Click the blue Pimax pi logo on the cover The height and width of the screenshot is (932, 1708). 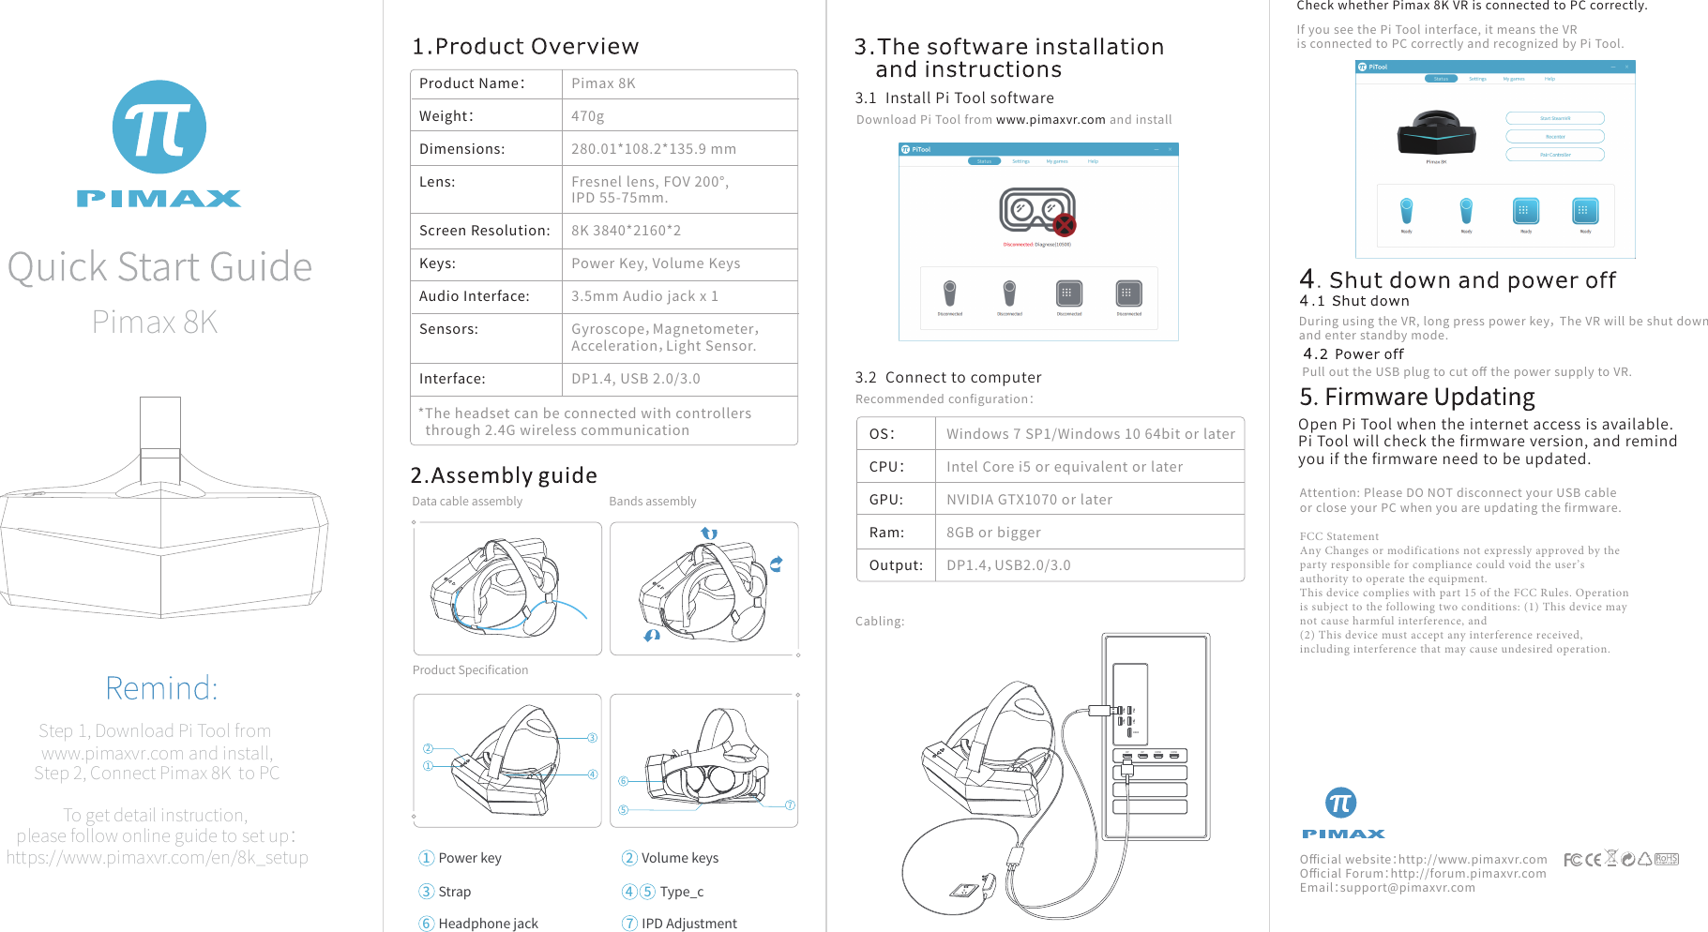pyautogui.click(x=159, y=127)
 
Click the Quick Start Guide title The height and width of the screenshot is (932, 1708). pyautogui.click(x=159, y=267)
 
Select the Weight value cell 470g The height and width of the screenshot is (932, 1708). pyautogui.click(x=588, y=116)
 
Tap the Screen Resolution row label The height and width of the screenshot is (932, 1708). pyautogui.click(x=484, y=231)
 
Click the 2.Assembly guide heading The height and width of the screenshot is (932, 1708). pyautogui.click(x=504, y=475)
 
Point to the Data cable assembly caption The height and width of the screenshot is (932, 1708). pyautogui.click(x=467, y=502)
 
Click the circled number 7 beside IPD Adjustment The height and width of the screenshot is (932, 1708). pyautogui.click(x=629, y=924)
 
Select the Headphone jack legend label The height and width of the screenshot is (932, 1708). pyautogui.click(x=488, y=924)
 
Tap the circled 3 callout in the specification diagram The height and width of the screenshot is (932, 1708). pyautogui.click(x=593, y=738)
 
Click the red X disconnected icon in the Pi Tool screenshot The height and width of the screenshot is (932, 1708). pyautogui.click(x=1064, y=225)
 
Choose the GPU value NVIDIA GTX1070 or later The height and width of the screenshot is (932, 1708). pyautogui.click(x=1029, y=500)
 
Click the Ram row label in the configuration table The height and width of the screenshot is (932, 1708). pyautogui.click(x=886, y=533)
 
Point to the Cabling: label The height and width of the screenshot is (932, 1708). pyautogui.click(x=880, y=622)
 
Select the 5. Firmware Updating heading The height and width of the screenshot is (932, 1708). pyautogui.click(x=1416, y=398)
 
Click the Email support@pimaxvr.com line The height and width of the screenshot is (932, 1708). pyautogui.click(x=1386, y=888)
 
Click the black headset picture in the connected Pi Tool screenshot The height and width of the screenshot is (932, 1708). pyautogui.click(x=1436, y=133)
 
